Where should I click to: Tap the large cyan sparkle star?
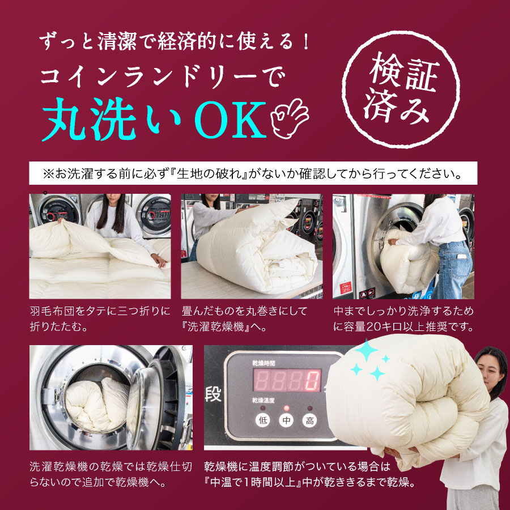tap(367, 352)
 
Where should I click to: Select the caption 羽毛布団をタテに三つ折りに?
tap(99, 311)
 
